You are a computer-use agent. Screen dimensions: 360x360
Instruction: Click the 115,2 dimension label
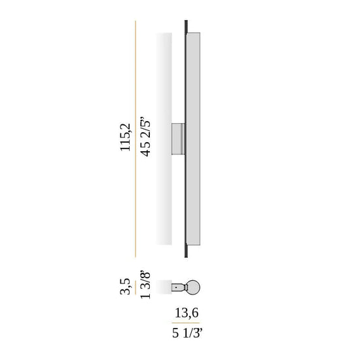coord(126,137)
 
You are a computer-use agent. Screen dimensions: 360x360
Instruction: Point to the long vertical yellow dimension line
coord(135,139)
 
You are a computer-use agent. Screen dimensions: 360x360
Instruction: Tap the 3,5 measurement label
coord(126,286)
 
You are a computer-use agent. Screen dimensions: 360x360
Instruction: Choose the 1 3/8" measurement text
coord(145,285)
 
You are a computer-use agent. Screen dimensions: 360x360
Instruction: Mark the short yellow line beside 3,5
coord(135,287)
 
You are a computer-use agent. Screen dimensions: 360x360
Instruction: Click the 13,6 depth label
coord(187,313)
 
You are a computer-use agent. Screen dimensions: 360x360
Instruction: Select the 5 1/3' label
coord(187,333)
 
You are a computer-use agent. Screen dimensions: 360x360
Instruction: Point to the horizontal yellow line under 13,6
coord(185,323)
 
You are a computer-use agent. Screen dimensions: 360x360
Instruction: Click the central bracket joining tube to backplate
coord(178,139)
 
